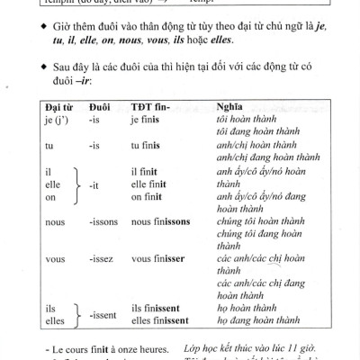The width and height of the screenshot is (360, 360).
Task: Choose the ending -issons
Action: (103, 221)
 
